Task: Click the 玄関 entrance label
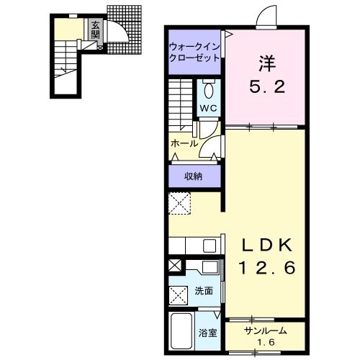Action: pyautogui.click(x=95, y=30)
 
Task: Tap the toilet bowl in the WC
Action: pyautogui.click(x=209, y=90)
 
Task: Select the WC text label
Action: pyautogui.click(x=209, y=108)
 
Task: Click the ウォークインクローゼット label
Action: pyautogui.click(x=194, y=52)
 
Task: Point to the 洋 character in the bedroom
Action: pyautogui.click(x=266, y=63)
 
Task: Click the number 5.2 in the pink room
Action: pyautogui.click(x=267, y=86)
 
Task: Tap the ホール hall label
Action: pyautogui.click(x=184, y=143)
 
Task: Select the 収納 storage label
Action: pyautogui.click(x=193, y=176)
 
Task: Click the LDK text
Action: pyautogui.click(x=267, y=246)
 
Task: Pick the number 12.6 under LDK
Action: pyautogui.click(x=267, y=268)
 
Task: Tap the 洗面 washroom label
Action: pyautogui.click(x=204, y=291)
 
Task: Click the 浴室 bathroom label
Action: pyautogui.click(x=207, y=333)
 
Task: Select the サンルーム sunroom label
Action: pyautogui.click(x=266, y=331)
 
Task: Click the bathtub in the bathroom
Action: pyautogui.click(x=181, y=330)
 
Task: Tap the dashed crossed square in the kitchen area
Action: pyautogui.click(x=180, y=203)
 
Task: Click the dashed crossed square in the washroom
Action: pyautogui.click(x=179, y=295)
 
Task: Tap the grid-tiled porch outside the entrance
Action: pyautogui.click(x=125, y=30)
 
